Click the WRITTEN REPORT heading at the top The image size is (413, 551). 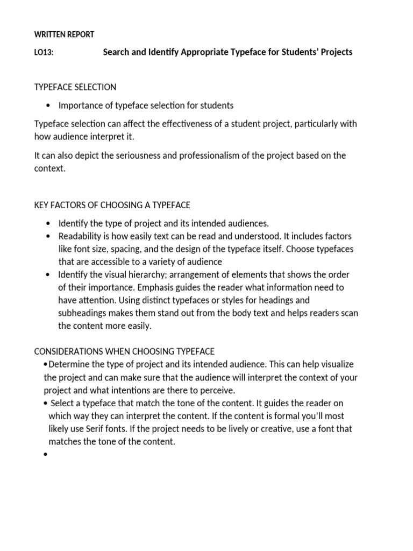[x=64, y=34]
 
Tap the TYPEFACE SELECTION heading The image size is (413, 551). [x=75, y=87]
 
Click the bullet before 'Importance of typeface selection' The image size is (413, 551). [x=49, y=105]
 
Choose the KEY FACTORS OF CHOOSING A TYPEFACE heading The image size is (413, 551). [x=112, y=205]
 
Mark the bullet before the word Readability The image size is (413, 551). [x=49, y=236]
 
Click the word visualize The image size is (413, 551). [x=338, y=364]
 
